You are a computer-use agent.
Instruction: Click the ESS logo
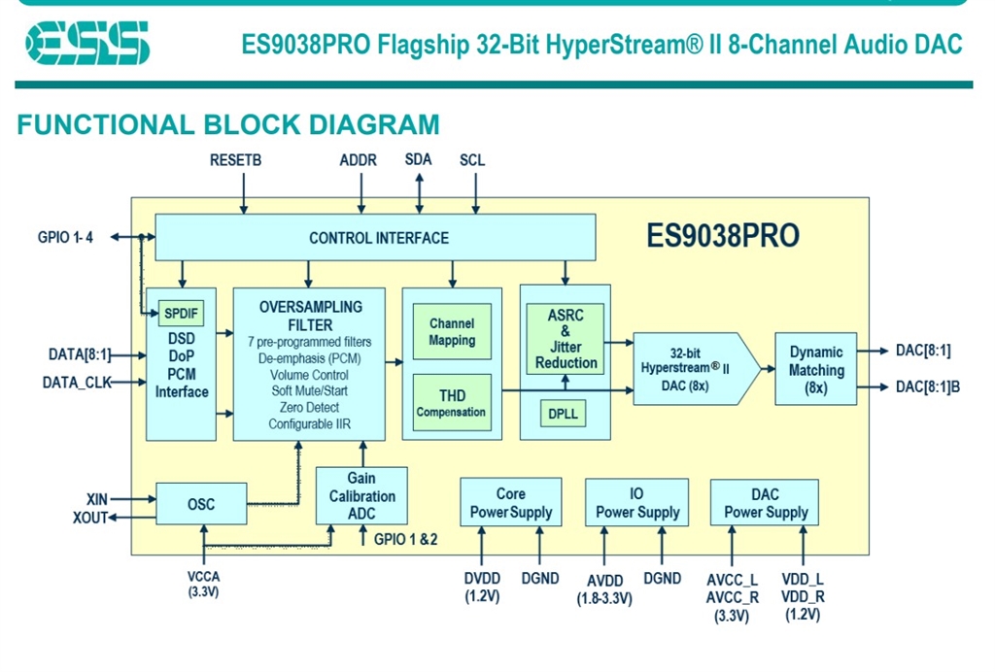(88, 44)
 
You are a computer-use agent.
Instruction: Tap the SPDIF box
(180, 314)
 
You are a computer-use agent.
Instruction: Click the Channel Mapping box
(452, 332)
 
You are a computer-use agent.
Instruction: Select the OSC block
(200, 504)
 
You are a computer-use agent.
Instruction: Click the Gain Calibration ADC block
(360, 496)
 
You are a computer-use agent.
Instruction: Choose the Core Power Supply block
(510, 503)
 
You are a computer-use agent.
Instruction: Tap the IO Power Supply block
(636, 503)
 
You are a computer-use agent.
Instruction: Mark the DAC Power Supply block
(765, 503)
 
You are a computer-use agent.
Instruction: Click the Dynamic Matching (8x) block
(815, 369)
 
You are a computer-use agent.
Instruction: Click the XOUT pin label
(90, 519)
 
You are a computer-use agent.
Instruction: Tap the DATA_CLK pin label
(77, 383)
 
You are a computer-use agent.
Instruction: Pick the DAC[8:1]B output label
(927, 387)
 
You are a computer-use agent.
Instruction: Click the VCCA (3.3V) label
(203, 584)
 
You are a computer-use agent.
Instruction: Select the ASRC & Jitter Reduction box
(566, 339)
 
